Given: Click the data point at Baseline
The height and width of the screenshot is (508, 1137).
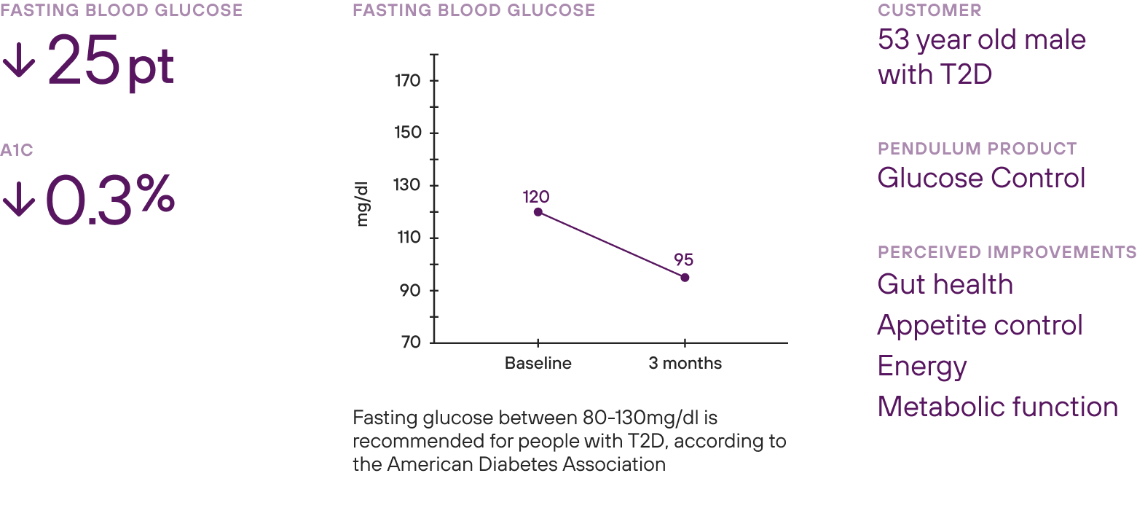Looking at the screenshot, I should [x=538, y=212].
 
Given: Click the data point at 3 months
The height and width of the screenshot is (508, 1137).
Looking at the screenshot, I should [x=685, y=278].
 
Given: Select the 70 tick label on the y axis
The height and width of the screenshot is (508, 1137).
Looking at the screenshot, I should [x=413, y=343].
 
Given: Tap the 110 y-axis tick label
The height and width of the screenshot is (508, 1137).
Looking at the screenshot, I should [x=409, y=238].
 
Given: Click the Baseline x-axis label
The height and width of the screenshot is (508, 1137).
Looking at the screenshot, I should [x=538, y=364].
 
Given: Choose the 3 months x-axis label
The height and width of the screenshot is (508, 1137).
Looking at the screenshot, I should [x=685, y=364].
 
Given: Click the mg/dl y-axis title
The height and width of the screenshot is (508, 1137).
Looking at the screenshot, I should [x=363, y=206].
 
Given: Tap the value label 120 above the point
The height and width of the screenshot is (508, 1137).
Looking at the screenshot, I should [x=535, y=196].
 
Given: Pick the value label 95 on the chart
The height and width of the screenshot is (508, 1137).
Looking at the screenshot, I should [x=683, y=260].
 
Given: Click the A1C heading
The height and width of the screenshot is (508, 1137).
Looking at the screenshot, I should [x=17, y=149].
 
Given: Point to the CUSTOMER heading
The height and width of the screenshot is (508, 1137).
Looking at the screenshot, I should [x=929, y=10].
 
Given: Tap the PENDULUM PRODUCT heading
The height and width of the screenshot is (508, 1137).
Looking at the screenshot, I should [x=977, y=149].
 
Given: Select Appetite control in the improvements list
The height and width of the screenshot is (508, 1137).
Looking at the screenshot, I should [x=980, y=325].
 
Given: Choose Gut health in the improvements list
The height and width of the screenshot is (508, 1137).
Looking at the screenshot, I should [x=945, y=284].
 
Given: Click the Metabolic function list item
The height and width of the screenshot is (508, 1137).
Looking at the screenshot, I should [x=997, y=407].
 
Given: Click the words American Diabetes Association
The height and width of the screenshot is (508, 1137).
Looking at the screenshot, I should [x=526, y=464].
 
